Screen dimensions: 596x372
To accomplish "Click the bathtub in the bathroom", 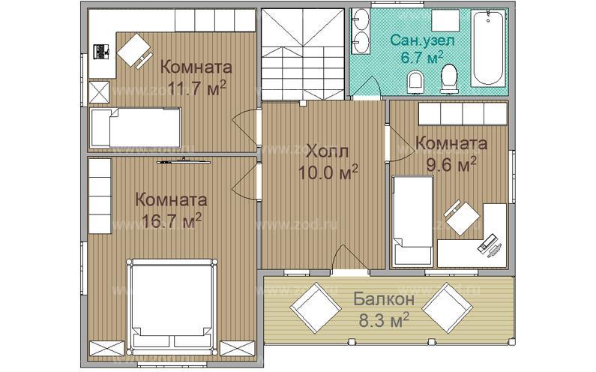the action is tap(489, 48).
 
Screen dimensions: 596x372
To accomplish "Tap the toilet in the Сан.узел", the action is tap(449, 79).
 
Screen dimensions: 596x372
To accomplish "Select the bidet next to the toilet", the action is tap(415, 82).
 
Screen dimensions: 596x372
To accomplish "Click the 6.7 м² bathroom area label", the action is tap(422, 58).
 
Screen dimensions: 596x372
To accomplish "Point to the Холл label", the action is tap(328, 151).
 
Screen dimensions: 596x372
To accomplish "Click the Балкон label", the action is tap(384, 299).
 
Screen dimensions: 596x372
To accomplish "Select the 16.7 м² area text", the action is tap(171, 220).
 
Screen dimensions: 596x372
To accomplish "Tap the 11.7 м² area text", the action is tap(197, 88).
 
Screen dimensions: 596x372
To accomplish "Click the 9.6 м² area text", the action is tap(451, 165).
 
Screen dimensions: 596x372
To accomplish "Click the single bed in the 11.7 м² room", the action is tap(135, 127).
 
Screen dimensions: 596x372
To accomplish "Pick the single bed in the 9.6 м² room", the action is tap(412, 220).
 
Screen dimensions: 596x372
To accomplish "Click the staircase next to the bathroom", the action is tap(303, 54).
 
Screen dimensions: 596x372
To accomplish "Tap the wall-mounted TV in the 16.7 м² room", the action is tap(184, 162).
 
